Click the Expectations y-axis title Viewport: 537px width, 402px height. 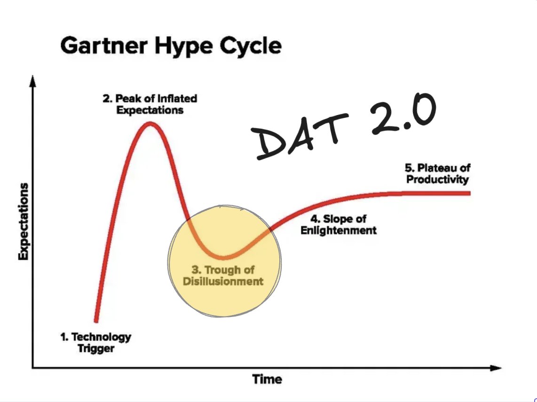coord(23,221)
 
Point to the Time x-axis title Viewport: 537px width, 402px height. coord(267,379)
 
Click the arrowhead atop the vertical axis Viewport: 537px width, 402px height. coord(32,80)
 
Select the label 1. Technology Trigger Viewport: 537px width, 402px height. coord(95,342)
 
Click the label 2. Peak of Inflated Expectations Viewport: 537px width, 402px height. coord(150,104)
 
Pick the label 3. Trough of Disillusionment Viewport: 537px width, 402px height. coord(223,276)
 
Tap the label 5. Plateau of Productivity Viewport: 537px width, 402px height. coord(438,173)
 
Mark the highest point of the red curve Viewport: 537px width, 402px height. coord(150,124)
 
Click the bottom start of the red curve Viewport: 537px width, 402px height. coord(96,321)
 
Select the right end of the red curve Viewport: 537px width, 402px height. coord(469,193)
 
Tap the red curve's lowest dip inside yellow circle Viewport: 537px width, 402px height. coord(223,257)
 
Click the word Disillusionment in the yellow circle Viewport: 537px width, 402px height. coord(223,282)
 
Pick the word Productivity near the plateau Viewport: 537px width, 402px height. coord(438,179)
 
